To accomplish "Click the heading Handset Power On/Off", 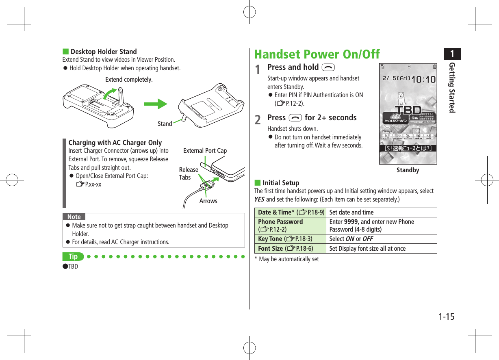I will pos(317,54).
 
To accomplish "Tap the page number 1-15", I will pos(447,317).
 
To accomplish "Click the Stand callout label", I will pos(165,124).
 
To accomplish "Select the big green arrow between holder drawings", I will pos(156,104).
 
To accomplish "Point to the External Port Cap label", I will pos(205,150).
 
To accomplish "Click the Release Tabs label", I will pos(188,173).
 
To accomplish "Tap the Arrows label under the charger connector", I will pos(208,201).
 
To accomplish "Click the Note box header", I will pos(74,217).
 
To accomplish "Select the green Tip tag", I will pos(73,256).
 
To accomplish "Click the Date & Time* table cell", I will pos(291,212).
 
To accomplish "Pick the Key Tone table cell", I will pos(291,239).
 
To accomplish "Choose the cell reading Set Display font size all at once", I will pos(367,248).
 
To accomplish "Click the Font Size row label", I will pos(291,248).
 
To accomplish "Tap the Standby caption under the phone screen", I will pos(408,170).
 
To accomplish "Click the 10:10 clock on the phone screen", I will pos(423,79).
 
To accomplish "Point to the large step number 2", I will pos(258,120).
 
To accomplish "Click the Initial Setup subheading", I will pos(280,183).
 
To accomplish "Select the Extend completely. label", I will pos(129,80).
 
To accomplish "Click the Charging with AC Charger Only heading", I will pos(115,143).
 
